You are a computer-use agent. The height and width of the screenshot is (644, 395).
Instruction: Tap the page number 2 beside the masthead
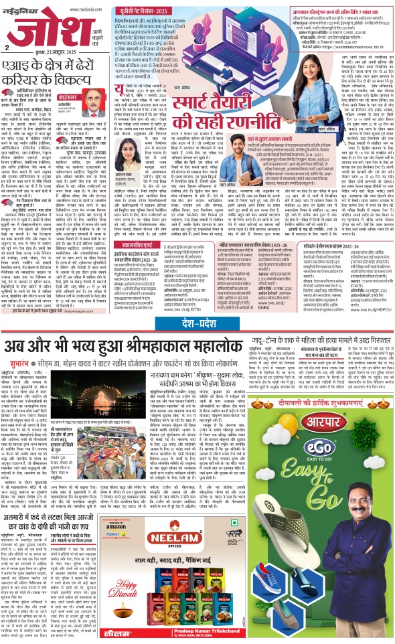7,48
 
